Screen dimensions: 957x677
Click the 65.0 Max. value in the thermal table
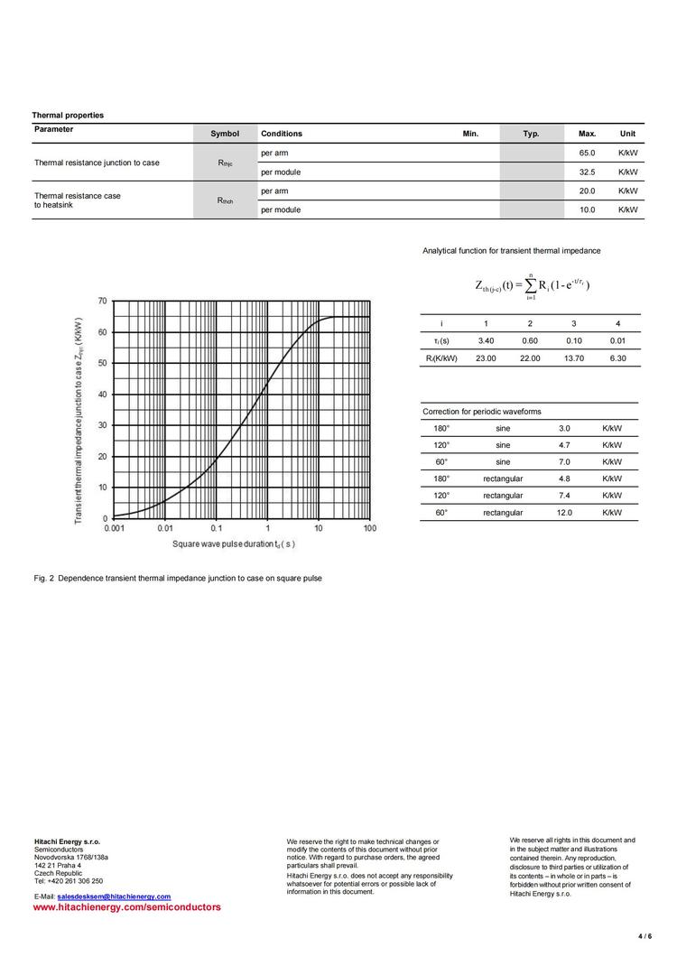pyautogui.click(x=587, y=153)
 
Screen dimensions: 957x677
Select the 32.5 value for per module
pyautogui.click(x=587, y=172)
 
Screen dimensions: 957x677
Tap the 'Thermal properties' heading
pyautogui.click(x=68, y=116)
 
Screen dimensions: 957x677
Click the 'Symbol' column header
pyautogui.click(x=225, y=134)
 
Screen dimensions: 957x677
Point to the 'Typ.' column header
pyautogui.click(x=531, y=134)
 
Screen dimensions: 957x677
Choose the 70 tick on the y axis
pyautogui.click(x=102, y=301)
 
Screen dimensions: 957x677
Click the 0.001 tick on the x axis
pyautogui.click(x=115, y=528)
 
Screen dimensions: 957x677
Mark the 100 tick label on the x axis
pyautogui.click(x=370, y=528)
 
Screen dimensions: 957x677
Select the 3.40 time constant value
pyautogui.click(x=486, y=341)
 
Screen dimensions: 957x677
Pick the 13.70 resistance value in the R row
pyautogui.click(x=574, y=358)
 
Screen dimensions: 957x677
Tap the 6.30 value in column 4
pyautogui.click(x=617, y=358)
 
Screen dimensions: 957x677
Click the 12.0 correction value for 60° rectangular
pyautogui.click(x=564, y=513)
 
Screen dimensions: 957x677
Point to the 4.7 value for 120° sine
pyautogui.click(x=564, y=445)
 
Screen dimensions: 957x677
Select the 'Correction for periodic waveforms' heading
pyautogui.click(x=482, y=412)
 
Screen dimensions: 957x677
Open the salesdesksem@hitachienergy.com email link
pyautogui.click(x=114, y=897)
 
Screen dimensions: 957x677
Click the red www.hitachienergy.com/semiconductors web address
pyautogui.click(x=126, y=906)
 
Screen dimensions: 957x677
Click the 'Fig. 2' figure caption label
pyautogui.click(x=44, y=578)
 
